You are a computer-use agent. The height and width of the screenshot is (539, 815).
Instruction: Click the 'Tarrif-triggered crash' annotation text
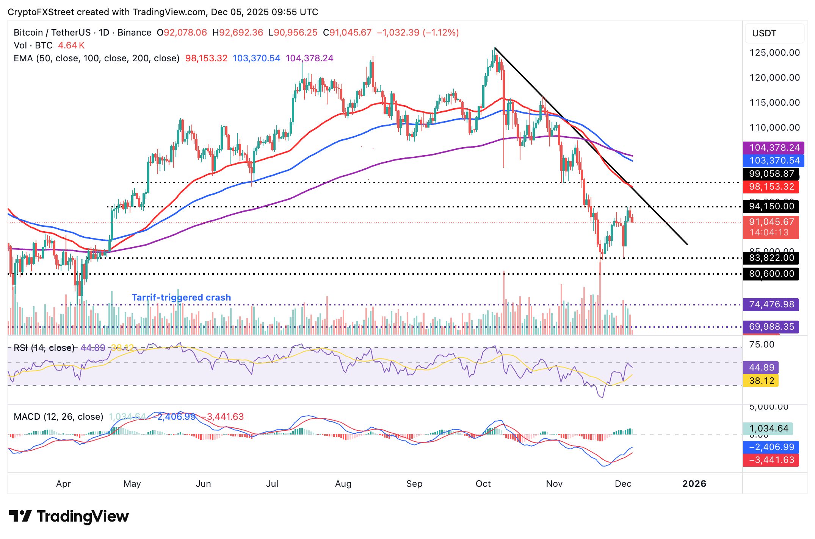coord(181,298)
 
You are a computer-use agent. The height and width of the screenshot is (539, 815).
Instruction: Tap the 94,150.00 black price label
coord(771,206)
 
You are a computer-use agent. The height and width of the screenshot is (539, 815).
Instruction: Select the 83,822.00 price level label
coord(771,258)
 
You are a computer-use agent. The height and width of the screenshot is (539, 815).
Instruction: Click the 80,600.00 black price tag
coord(771,274)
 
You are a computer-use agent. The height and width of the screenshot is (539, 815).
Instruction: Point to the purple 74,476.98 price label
coord(771,304)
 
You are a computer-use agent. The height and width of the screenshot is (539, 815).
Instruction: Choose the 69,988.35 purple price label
coord(771,327)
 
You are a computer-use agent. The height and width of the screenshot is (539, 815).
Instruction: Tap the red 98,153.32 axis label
coord(771,187)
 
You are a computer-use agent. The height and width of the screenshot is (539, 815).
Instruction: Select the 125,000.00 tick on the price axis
coord(774,53)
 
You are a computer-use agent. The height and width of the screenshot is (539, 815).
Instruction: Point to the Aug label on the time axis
coord(343,484)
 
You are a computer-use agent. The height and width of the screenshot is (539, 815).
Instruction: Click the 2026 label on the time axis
coord(694,484)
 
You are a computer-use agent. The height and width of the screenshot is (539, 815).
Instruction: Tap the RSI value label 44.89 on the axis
coord(761,368)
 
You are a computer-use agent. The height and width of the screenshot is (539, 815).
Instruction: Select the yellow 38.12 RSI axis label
coord(761,381)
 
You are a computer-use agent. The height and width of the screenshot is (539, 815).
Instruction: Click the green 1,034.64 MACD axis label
coord(768,428)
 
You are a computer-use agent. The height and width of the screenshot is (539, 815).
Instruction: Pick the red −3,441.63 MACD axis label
coord(771,460)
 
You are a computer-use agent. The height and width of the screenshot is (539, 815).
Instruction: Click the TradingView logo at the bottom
coord(69,516)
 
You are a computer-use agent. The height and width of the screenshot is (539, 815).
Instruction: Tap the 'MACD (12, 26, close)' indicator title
coord(58,417)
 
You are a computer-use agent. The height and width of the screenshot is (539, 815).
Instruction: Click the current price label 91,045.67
coord(771,222)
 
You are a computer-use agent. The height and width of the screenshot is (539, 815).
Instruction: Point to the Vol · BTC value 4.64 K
coord(71,45)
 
